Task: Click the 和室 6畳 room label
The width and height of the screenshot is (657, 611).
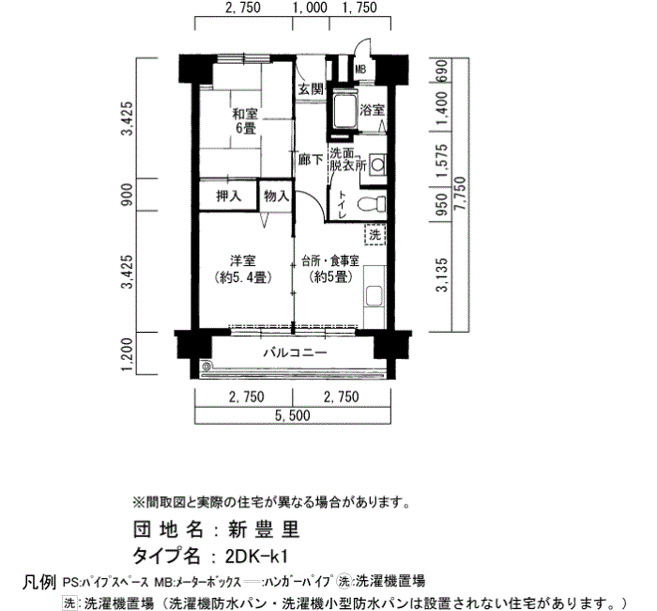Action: click(245, 120)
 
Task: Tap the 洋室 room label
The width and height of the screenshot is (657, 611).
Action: click(243, 261)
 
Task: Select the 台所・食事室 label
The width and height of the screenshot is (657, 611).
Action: click(330, 261)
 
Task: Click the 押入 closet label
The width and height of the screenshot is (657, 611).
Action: click(229, 196)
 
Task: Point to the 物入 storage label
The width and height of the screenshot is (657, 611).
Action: click(276, 196)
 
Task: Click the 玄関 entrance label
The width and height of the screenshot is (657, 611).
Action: click(311, 89)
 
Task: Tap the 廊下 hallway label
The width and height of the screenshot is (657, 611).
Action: click(311, 160)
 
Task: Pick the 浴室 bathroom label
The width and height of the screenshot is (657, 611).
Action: click(372, 110)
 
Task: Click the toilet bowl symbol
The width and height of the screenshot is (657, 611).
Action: click(372, 204)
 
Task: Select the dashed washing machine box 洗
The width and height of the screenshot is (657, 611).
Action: click(375, 234)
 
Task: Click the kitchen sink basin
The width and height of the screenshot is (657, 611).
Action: click(374, 296)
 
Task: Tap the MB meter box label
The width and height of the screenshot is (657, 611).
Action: click(360, 70)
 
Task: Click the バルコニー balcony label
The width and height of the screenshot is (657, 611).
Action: click(295, 352)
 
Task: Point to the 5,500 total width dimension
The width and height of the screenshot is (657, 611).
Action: click(293, 415)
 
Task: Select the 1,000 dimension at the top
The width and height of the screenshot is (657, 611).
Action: click(310, 8)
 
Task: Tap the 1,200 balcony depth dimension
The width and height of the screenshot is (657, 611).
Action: click(128, 355)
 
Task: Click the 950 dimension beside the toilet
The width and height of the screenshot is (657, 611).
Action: click(442, 204)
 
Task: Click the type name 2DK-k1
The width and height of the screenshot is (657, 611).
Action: click(256, 556)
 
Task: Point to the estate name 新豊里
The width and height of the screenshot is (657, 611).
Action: click(264, 529)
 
